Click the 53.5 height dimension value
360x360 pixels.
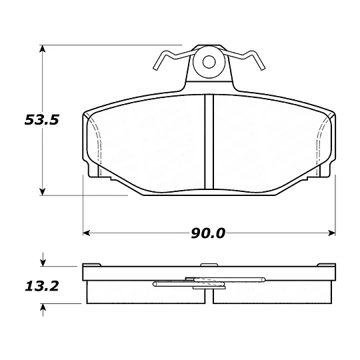42,120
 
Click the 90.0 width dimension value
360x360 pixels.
208,233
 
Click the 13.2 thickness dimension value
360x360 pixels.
42,287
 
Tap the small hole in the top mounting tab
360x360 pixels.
209,62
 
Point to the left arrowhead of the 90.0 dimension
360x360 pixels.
86,233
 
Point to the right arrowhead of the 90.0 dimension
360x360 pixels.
332,233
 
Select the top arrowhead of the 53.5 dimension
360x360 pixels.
43,49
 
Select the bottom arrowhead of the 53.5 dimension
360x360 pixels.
43,192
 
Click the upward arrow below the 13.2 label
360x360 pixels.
43,310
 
